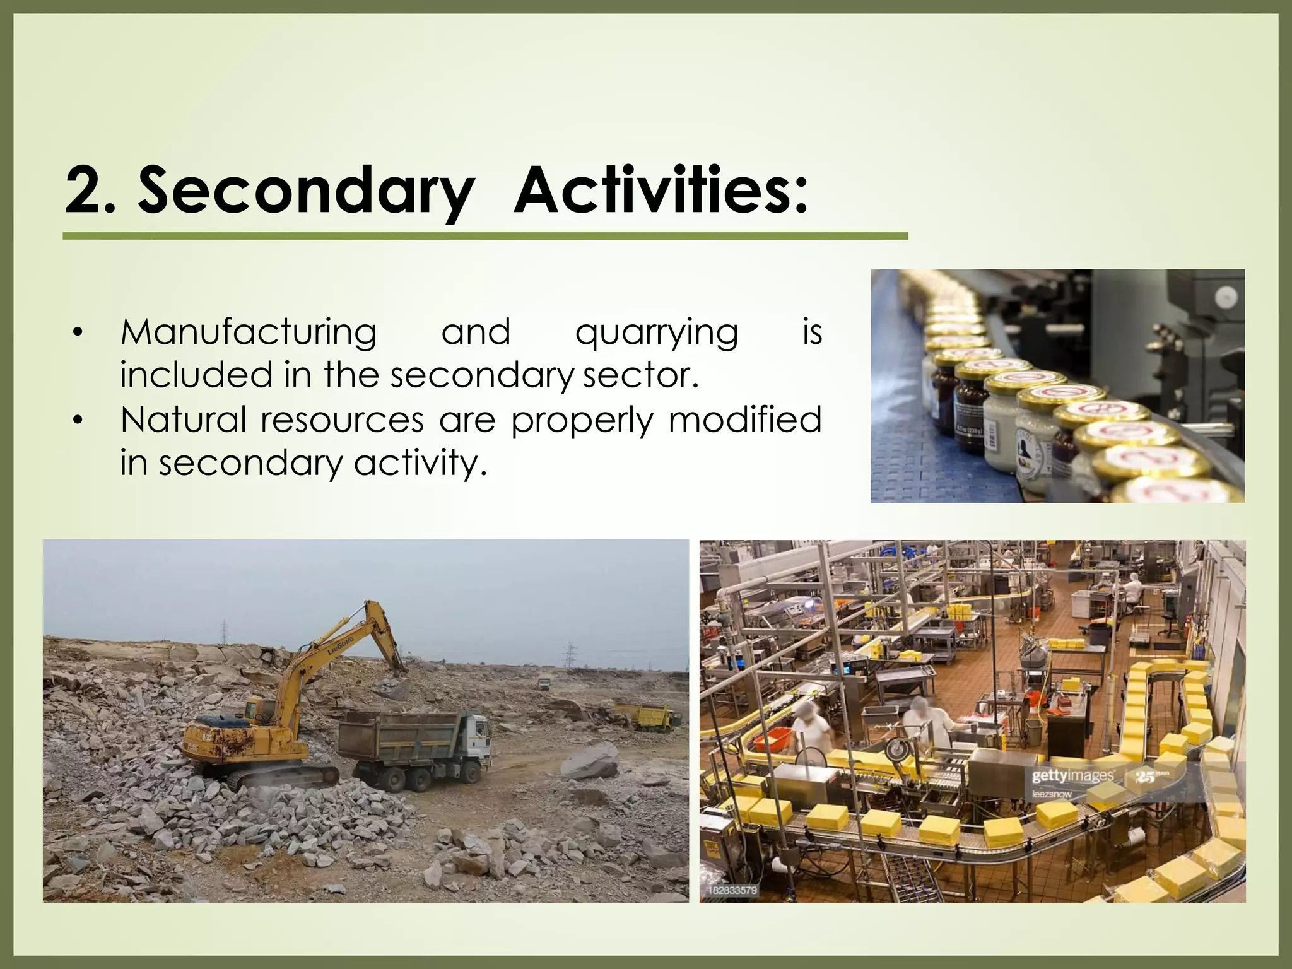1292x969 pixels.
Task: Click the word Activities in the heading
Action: pyautogui.click(x=660, y=189)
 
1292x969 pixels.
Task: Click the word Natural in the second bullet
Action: pyautogui.click(x=183, y=420)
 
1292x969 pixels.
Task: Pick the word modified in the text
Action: pyautogui.click(x=745, y=420)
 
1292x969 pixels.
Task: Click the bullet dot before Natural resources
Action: pyautogui.click(x=78, y=420)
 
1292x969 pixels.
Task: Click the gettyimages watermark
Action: pyautogui.click(x=1073, y=775)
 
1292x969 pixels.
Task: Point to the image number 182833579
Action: pyautogui.click(x=732, y=890)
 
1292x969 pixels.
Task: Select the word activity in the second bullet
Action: pyautogui.click(x=421, y=464)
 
